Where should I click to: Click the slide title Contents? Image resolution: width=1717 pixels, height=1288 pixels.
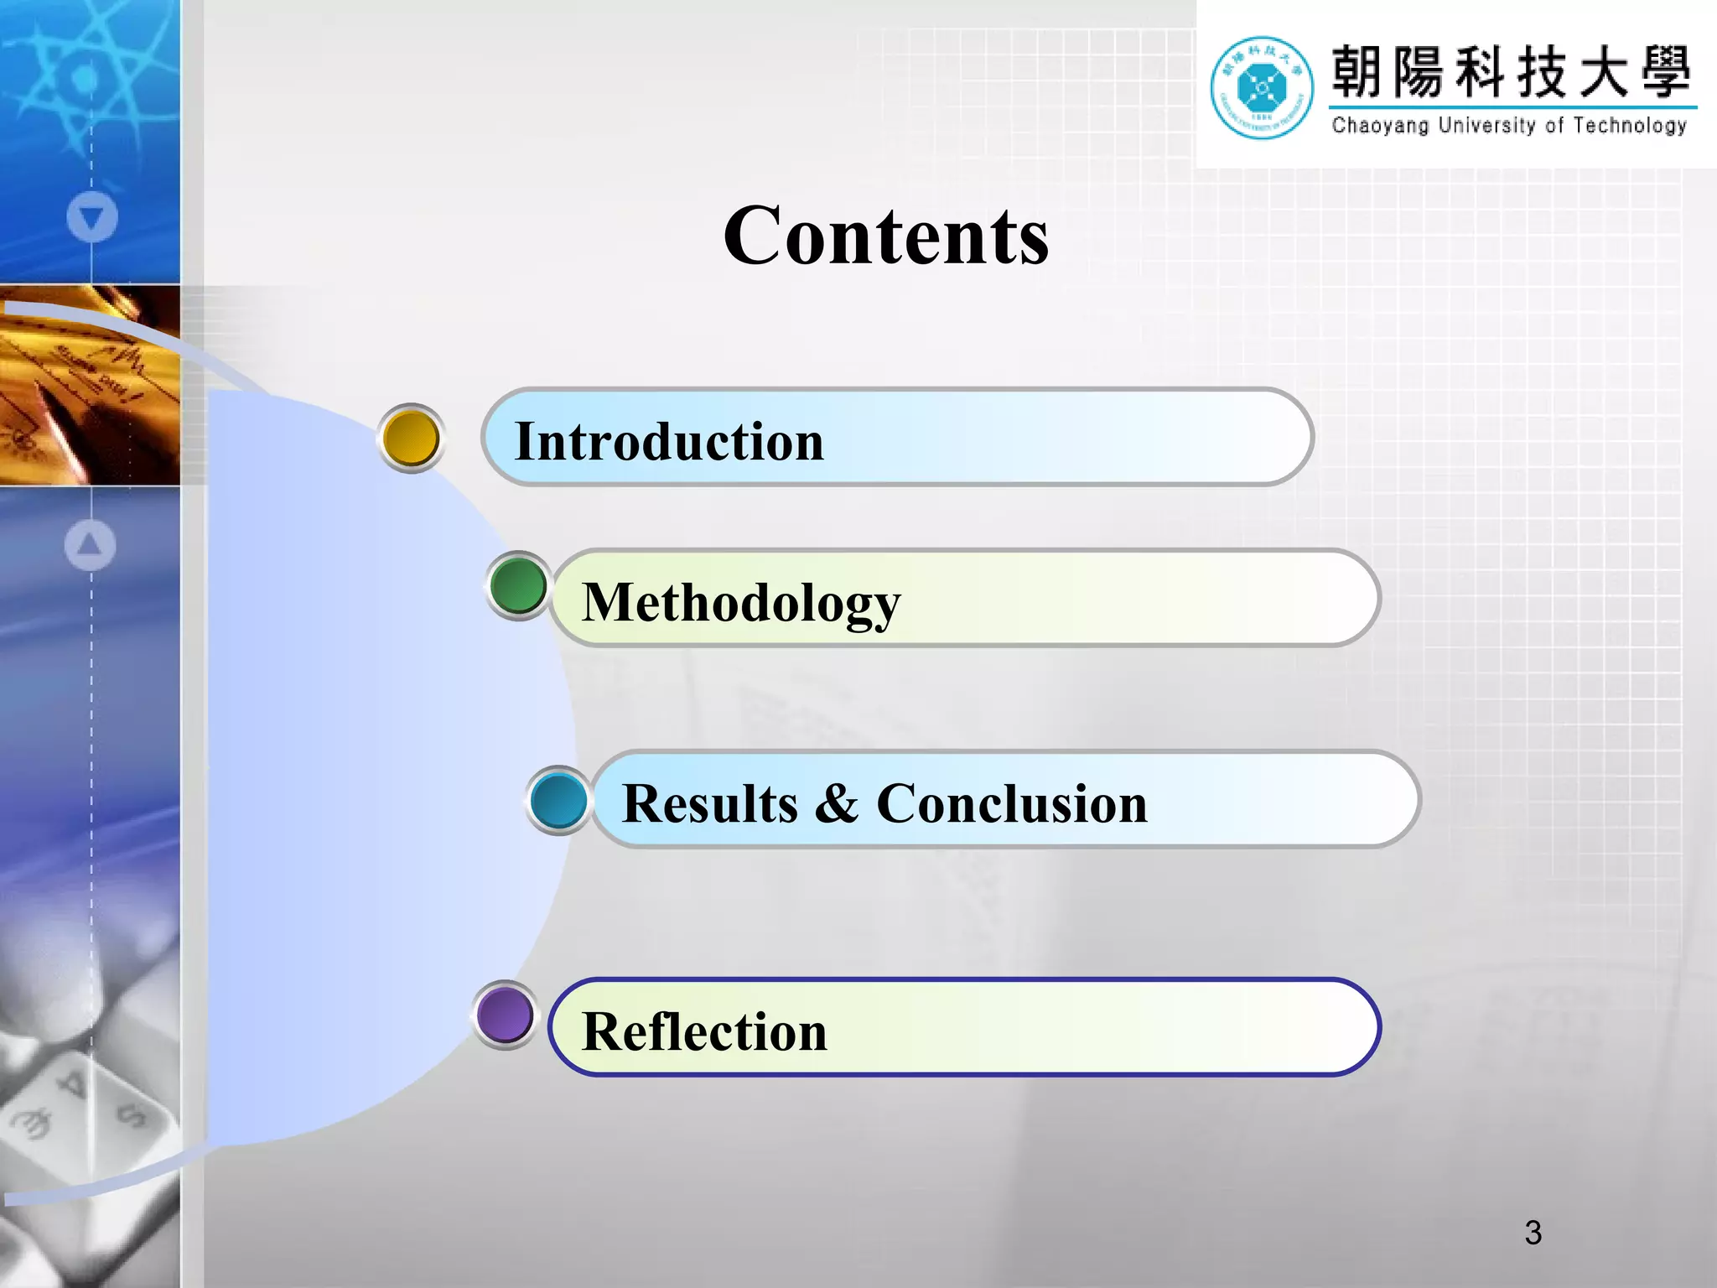coord(886,236)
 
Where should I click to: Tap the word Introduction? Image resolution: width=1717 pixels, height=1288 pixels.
coord(669,441)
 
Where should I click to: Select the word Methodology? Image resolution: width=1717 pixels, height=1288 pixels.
coord(741,602)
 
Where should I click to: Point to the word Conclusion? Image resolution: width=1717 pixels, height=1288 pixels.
coord(1012,803)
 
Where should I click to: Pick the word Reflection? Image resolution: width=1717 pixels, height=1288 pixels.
coord(704,1031)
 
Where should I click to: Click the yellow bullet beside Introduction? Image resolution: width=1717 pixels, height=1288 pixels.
coord(411,438)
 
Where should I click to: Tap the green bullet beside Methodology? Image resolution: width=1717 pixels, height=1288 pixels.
coord(518,585)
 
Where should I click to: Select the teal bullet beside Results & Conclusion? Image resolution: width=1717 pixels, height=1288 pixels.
coord(558,800)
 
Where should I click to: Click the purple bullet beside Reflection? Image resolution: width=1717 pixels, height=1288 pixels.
coord(505,1015)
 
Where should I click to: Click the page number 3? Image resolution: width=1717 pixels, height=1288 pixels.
coord(1533,1233)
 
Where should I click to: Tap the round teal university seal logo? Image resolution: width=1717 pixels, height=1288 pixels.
coord(1261,87)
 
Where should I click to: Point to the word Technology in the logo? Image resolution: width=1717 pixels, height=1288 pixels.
coord(1629,126)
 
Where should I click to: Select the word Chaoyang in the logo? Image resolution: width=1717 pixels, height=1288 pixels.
coord(1379,126)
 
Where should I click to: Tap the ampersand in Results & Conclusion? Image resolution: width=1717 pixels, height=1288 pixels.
coord(836,803)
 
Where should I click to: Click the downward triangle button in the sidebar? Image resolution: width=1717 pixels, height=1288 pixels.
coord(91,217)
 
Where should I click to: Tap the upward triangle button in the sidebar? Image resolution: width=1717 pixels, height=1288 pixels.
coord(90,545)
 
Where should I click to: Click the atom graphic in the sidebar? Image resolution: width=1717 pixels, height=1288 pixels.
coord(84,77)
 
